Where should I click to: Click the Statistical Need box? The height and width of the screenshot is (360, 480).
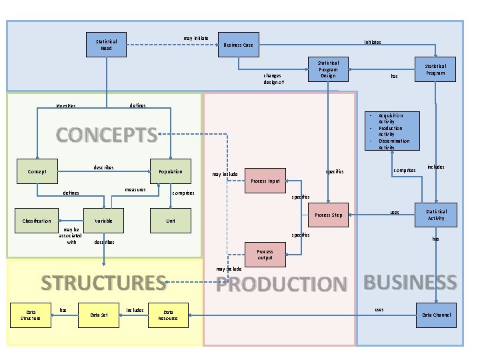(x=106, y=45)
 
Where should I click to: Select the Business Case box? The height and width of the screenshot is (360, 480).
(x=238, y=45)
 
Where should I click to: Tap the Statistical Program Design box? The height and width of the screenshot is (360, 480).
(x=327, y=69)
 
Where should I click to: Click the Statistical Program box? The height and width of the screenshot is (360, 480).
(x=436, y=69)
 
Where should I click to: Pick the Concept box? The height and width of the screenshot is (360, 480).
(x=37, y=171)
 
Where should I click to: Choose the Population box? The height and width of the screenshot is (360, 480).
(x=171, y=171)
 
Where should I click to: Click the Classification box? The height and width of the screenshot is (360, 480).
(x=37, y=221)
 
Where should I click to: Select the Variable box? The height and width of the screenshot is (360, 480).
(x=103, y=221)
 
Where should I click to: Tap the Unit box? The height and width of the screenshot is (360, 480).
(x=171, y=221)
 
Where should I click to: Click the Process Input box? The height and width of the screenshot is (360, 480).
(x=265, y=181)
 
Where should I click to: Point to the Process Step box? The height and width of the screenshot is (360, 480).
(x=328, y=215)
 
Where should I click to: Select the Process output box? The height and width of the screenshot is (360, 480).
(x=265, y=254)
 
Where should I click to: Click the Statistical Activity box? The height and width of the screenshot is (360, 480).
(x=436, y=215)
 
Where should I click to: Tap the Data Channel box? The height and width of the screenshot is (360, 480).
(x=436, y=315)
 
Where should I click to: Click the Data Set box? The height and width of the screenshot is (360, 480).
(x=100, y=315)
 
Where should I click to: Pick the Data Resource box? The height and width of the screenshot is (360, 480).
(x=168, y=315)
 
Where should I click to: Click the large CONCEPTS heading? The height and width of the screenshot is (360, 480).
(x=107, y=135)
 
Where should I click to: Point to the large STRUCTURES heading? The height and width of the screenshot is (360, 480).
(x=103, y=283)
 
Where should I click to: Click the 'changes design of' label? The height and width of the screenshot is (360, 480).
(x=273, y=79)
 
